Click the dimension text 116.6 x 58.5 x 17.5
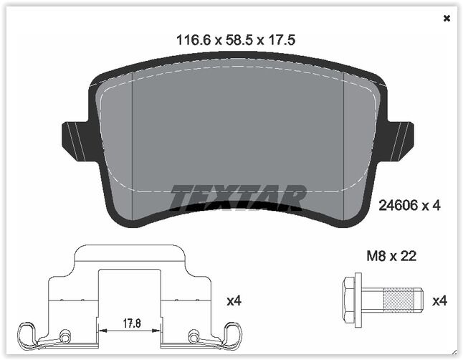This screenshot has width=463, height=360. (236, 41)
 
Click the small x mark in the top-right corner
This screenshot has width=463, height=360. (447, 19)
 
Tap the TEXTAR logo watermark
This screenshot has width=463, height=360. (238, 197)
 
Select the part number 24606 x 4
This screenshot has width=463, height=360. (409, 206)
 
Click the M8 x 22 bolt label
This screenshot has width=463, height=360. (391, 255)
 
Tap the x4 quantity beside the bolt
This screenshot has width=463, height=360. (439, 301)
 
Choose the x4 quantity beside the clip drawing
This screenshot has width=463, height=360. (234, 301)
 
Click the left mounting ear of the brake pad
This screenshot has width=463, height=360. (75, 139)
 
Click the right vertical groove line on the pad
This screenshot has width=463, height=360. (345, 143)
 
